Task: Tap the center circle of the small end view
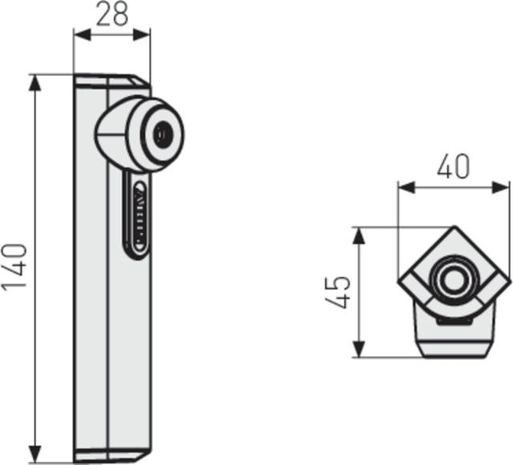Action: pyautogui.click(x=454, y=278)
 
